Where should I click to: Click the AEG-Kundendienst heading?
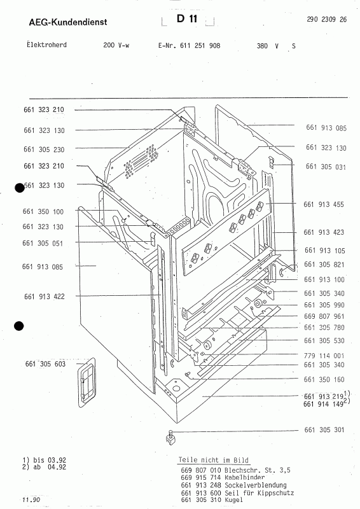(x=68, y=22)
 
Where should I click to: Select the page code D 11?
(x=187, y=18)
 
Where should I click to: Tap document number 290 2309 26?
(x=326, y=19)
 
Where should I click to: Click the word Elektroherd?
(x=46, y=45)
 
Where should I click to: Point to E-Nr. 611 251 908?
(x=190, y=46)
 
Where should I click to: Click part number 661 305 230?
(x=44, y=150)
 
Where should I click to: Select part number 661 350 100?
(x=43, y=212)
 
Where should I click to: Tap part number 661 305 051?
(x=43, y=243)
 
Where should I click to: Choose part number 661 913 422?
(x=44, y=296)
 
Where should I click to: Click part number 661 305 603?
(x=45, y=364)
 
